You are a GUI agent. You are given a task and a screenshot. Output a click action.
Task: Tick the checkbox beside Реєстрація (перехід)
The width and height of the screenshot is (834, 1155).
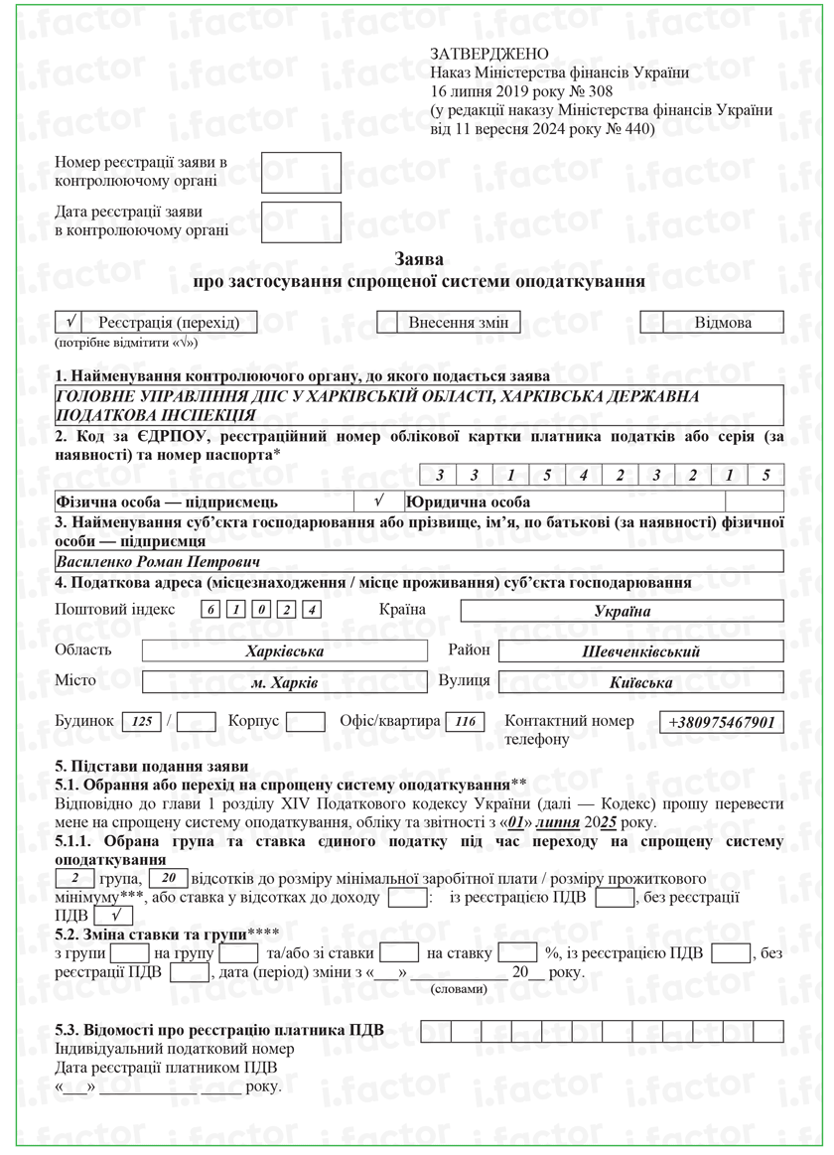(x=70, y=322)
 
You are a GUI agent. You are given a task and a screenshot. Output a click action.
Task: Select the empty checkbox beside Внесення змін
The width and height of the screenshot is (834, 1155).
(x=387, y=322)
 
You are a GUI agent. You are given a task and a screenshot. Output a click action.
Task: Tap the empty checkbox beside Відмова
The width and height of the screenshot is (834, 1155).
(x=652, y=322)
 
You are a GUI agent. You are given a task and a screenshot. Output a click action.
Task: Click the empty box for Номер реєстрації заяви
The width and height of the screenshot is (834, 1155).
(x=301, y=172)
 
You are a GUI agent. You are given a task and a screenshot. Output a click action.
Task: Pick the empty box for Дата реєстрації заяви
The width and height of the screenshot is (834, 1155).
(x=301, y=222)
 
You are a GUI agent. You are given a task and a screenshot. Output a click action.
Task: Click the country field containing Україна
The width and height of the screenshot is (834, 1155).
(x=622, y=611)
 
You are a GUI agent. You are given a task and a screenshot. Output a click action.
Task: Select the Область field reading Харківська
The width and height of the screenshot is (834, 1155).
(x=285, y=651)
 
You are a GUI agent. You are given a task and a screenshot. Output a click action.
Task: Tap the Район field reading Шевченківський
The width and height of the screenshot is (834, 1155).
(x=640, y=651)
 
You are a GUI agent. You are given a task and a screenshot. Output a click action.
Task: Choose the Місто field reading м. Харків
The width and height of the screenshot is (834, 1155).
(x=285, y=683)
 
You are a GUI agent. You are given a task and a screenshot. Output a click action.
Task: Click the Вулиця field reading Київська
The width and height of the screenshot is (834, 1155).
(x=640, y=682)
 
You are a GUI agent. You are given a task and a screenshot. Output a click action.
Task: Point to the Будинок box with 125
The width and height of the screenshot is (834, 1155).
(x=142, y=722)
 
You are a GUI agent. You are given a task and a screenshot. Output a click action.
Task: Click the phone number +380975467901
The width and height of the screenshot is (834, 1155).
(x=722, y=722)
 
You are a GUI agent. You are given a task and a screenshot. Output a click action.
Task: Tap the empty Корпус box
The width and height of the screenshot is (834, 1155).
(x=305, y=722)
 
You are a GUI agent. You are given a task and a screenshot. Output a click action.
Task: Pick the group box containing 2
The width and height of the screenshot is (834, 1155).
(x=74, y=878)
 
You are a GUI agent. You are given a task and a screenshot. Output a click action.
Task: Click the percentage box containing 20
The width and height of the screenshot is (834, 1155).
(x=169, y=878)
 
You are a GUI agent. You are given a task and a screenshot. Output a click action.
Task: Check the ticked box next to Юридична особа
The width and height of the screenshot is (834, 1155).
(x=378, y=502)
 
